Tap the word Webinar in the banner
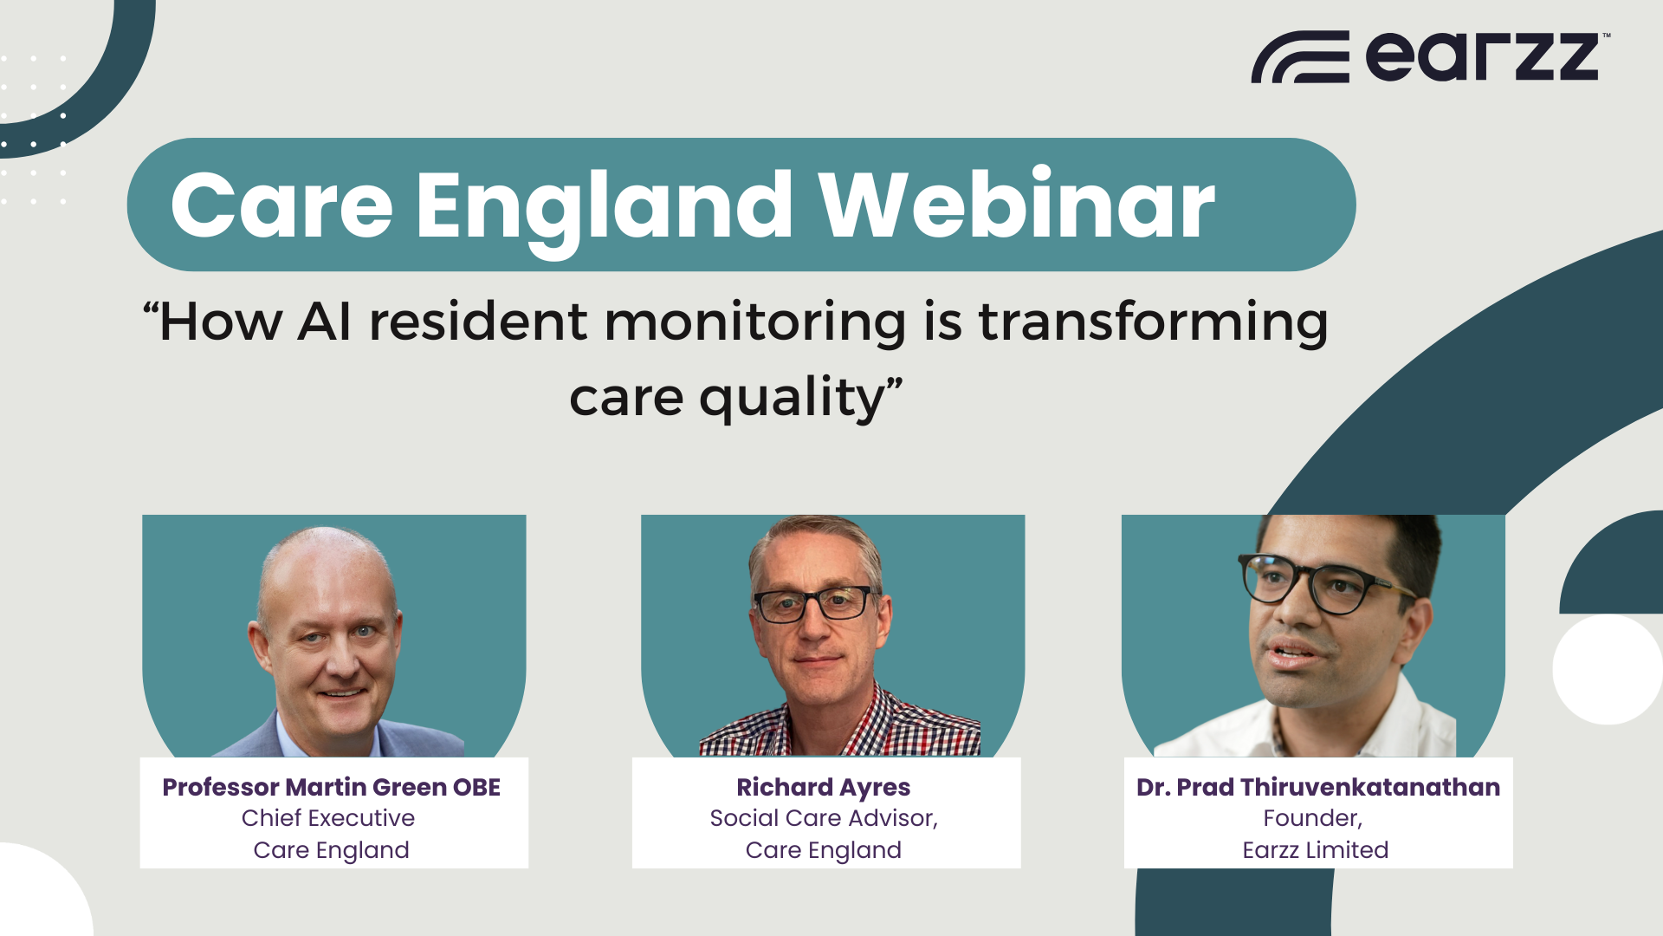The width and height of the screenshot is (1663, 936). pos(1017,205)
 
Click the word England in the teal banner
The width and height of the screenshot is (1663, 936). pos(604,208)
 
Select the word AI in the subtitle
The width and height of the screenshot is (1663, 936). pos(325,322)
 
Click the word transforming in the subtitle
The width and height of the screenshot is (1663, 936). pos(1153,323)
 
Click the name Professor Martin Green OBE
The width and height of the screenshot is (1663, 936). pos(332,787)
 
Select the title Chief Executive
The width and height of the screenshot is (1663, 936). pos(328,818)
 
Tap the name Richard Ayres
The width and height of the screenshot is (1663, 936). pos(824,787)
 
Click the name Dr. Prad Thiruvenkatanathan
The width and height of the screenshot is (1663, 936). pos(1318,787)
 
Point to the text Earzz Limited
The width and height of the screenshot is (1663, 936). pos(1316,850)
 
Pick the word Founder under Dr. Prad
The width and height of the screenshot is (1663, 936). pos(1311,818)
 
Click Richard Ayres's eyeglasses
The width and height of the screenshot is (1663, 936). pos(814,604)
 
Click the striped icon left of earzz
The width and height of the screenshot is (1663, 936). pos(1300,57)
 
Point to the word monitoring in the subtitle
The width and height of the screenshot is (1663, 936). pos(755,322)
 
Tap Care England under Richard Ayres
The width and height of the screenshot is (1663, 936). pos(824,850)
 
